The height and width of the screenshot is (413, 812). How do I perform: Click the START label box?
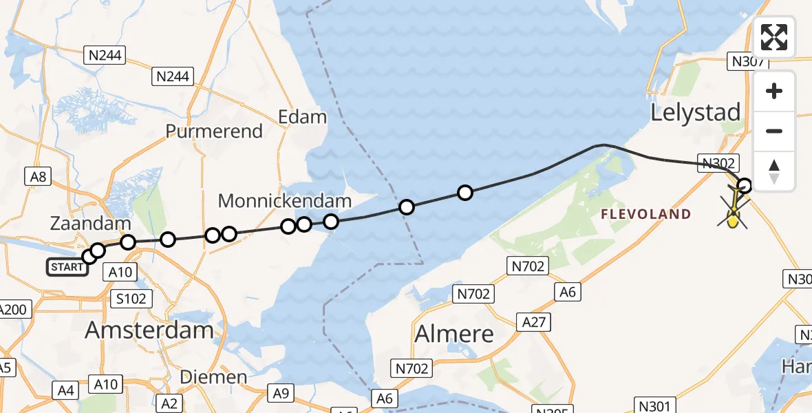tap(67, 267)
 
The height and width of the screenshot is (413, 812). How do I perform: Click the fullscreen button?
tap(774, 37)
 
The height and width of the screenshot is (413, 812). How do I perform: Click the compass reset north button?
tap(774, 171)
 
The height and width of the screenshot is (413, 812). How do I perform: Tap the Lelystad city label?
tap(696, 112)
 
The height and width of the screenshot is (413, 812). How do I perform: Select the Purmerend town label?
tap(214, 131)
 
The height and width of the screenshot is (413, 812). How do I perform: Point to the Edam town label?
tap(302, 116)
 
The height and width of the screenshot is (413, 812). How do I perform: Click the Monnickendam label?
tap(285, 201)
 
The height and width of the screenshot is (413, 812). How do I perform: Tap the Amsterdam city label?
tap(149, 330)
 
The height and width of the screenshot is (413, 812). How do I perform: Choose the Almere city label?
tap(454, 335)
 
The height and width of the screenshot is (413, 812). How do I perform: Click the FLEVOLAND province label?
tap(645, 214)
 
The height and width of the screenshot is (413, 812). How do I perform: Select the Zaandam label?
tap(90, 223)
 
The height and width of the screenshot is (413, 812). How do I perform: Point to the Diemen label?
tap(213, 377)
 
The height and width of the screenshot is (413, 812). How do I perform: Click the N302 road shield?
tap(718, 163)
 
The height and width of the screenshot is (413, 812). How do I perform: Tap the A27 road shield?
tap(536, 322)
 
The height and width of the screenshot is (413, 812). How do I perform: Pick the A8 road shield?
tap(38, 177)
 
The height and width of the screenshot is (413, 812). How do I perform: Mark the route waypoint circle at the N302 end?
tap(745, 184)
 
